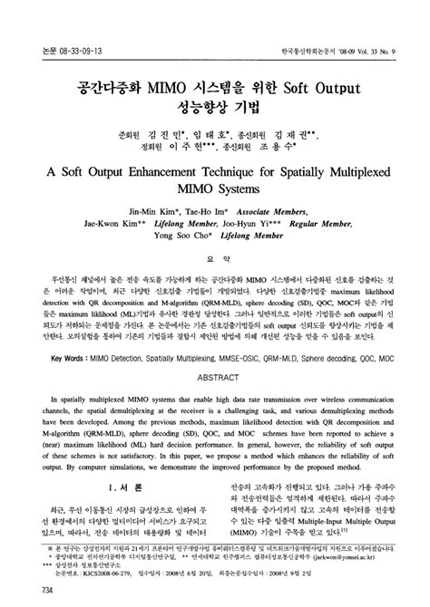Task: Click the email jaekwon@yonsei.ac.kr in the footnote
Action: (x=354, y=561)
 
